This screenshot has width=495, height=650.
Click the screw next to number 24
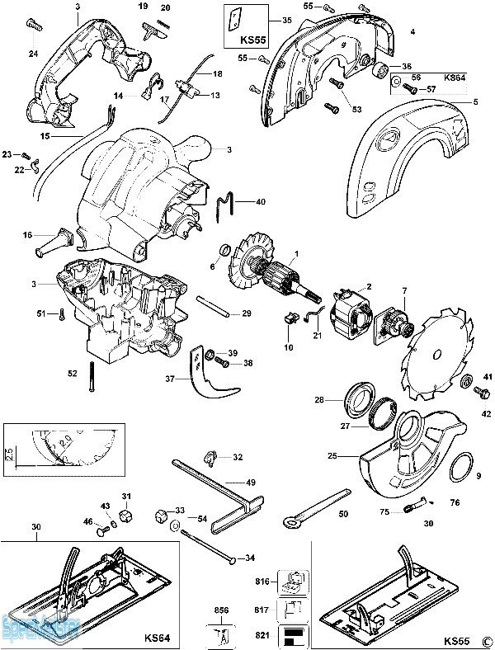coord(35,26)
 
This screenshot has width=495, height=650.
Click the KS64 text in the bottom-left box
coord(157,638)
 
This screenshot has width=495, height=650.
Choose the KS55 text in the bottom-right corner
coord(456,640)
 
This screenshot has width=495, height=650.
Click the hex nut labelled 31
coord(127,516)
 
